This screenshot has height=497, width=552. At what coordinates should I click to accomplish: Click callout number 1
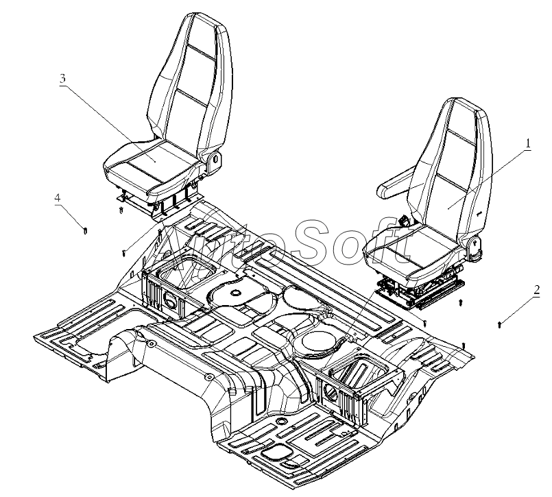pyautogui.click(x=528, y=143)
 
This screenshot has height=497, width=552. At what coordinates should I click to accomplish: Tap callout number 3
pyautogui.click(x=62, y=78)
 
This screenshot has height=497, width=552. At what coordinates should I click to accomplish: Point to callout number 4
pyautogui.click(x=58, y=198)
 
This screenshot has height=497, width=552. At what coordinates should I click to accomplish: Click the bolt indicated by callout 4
pyautogui.click(x=84, y=230)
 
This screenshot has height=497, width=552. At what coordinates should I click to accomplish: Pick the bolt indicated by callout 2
pyautogui.click(x=500, y=323)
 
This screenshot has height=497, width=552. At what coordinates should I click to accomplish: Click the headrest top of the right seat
pyautogui.click(x=466, y=106)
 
